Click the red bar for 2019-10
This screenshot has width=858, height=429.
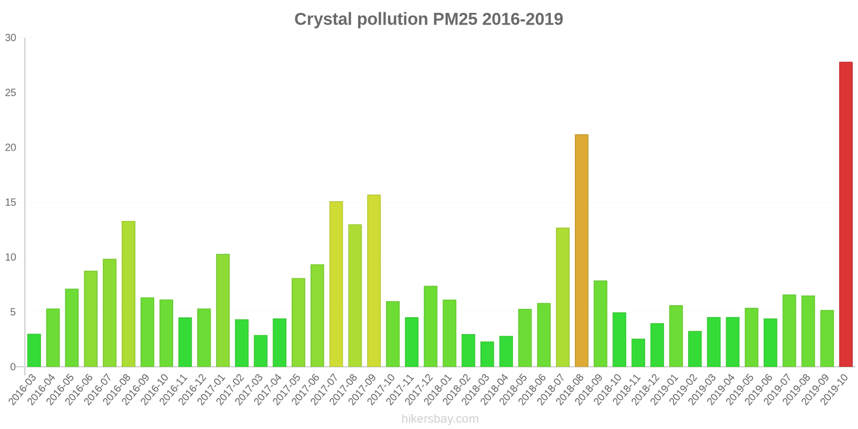[x=846, y=214]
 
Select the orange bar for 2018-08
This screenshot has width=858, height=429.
[x=581, y=250]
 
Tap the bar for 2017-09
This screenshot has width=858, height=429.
[x=374, y=280]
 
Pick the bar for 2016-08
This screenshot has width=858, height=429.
[x=128, y=294]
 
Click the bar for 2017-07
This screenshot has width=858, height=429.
[x=336, y=284]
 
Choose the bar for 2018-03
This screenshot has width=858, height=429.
[x=487, y=354]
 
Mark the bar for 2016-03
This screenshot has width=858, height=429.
[x=34, y=351]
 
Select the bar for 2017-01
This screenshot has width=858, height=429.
[x=223, y=310]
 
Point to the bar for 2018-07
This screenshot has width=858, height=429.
[x=563, y=297]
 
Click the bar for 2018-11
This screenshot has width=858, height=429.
[x=638, y=353]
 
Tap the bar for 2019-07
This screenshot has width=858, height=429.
[x=789, y=331]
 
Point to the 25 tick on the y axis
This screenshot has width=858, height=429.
[x=11, y=93]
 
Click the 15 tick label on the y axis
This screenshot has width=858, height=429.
[x=11, y=203]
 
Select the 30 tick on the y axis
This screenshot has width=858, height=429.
[x=11, y=38]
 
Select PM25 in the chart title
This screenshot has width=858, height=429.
[x=453, y=19]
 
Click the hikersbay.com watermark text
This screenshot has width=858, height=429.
[x=440, y=419]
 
